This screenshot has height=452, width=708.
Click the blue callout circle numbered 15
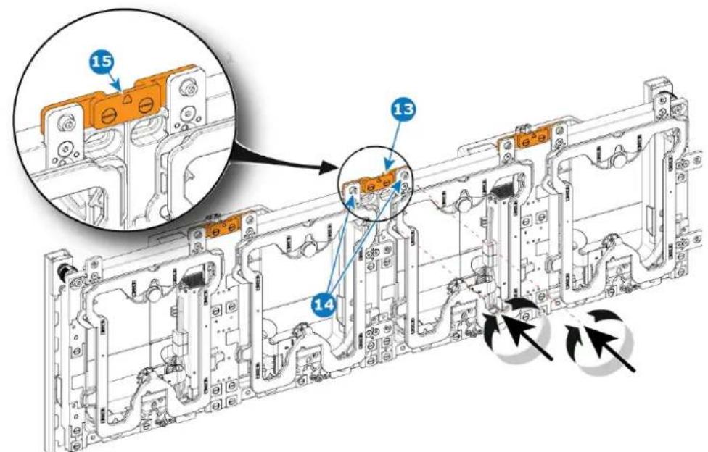(x=104, y=62)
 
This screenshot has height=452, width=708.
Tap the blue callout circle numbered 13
(x=403, y=109)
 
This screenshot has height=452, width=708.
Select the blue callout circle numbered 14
(x=325, y=305)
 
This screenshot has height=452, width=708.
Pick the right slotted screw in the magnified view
(x=145, y=106)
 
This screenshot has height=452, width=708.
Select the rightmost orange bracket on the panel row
(x=532, y=138)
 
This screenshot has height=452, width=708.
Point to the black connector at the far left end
(x=59, y=272)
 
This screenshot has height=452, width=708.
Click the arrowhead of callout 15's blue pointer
(x=118, y=85)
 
